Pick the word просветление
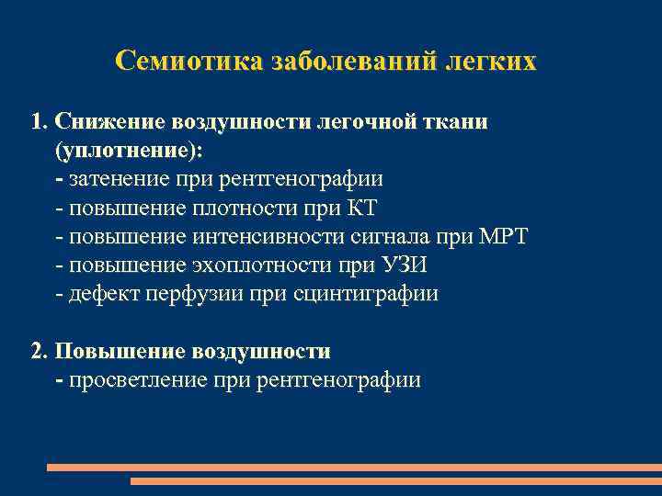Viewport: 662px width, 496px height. point(132,379)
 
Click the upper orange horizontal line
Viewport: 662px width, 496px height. point(354,468)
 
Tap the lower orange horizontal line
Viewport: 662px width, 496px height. point(395,480)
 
